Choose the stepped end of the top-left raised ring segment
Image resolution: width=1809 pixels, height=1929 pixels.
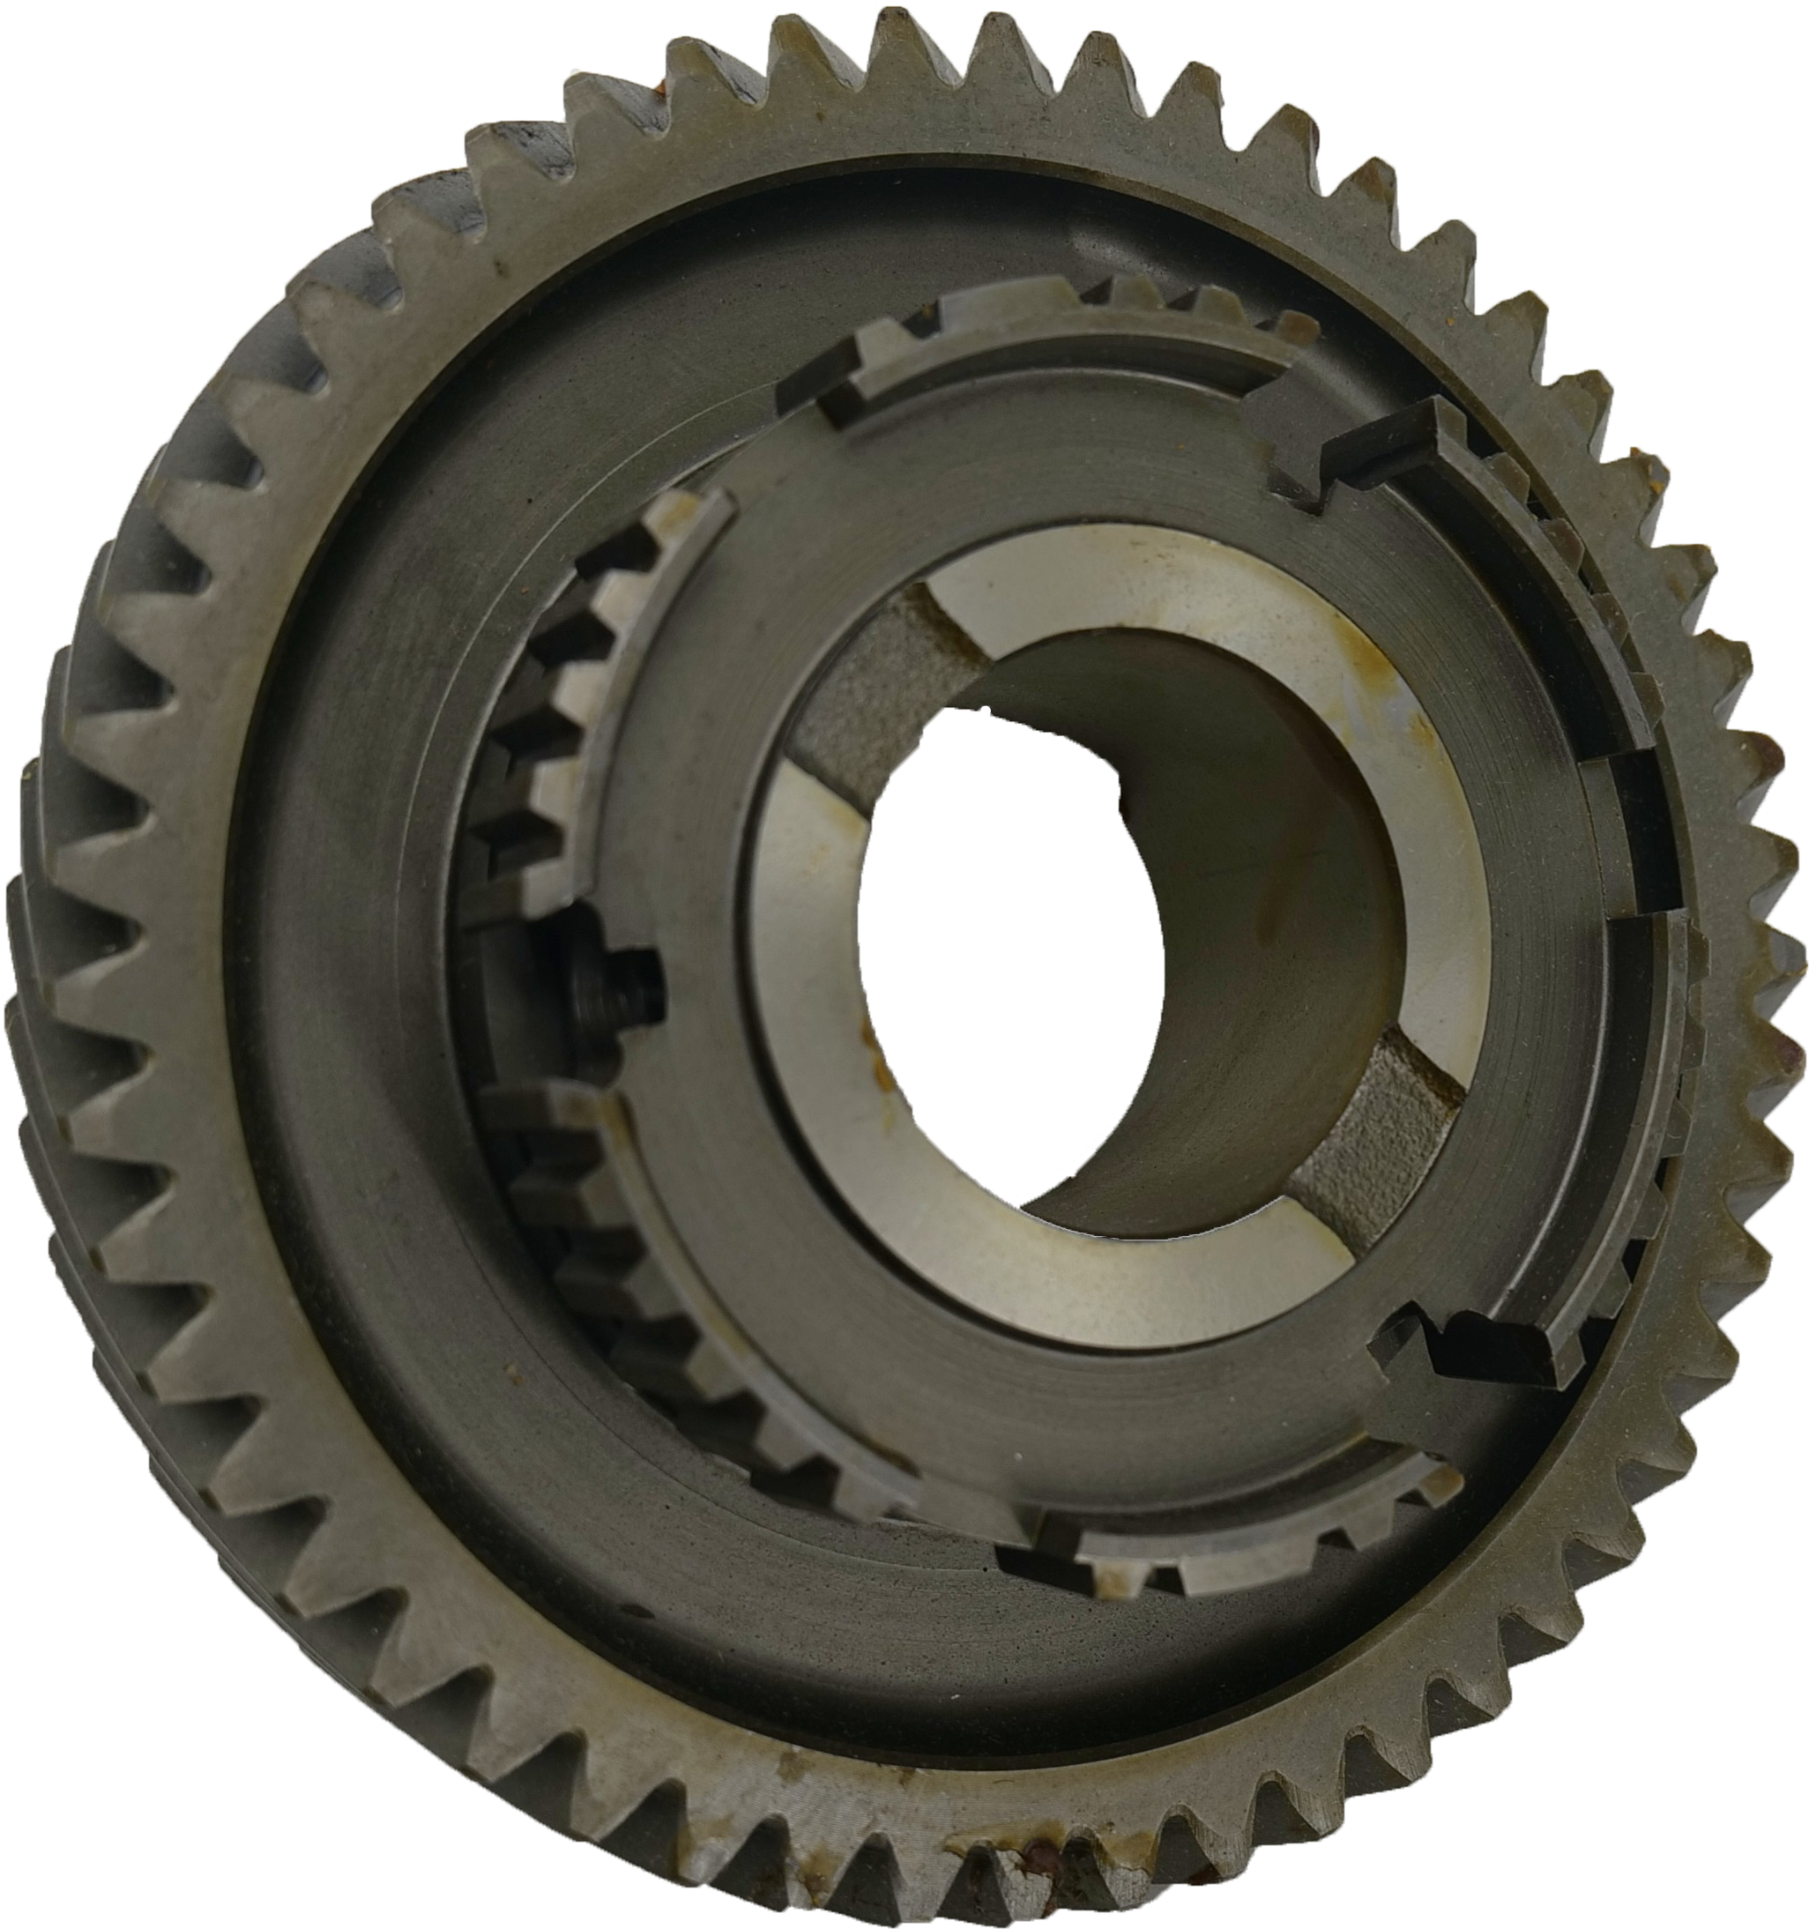pyautogui.click(x=845, y=388)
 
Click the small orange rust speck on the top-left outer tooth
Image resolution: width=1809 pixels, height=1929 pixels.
pyautogui.click(x=662, y=89)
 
